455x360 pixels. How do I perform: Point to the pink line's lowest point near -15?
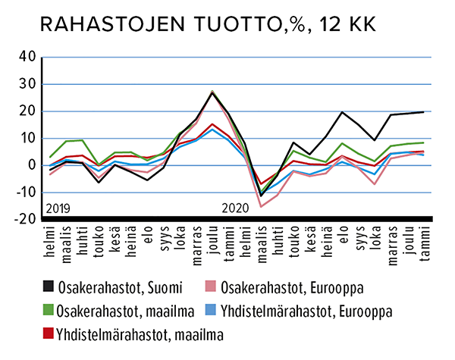(x=261, y=206)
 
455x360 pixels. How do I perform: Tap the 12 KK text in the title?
(x=344, y=24)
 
